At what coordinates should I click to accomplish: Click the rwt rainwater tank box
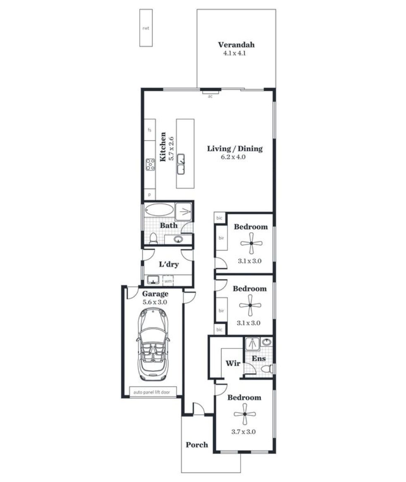coord(146,28)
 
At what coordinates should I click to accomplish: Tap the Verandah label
coord(236,45)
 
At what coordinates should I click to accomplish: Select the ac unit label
coord(210,96)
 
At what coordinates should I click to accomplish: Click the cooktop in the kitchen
coord(150,165)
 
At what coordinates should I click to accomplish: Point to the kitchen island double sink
coord(181,164)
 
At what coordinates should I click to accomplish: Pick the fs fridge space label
coord(149,130)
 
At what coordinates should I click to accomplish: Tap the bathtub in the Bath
coord(159,210)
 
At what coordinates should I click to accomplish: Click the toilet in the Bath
coord(153,239)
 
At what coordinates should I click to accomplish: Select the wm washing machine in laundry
coord(168,281)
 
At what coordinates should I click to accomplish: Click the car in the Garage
coord(153,344)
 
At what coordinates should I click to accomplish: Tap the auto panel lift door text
coord(151,392)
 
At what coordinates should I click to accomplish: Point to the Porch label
coord(197,445)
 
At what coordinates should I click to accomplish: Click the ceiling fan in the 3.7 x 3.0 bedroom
coord(245,414)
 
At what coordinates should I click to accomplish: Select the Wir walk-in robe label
coord(233,363)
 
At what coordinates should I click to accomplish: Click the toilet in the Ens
coord(267,369)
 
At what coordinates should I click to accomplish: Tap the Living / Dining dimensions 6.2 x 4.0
coord(233,157)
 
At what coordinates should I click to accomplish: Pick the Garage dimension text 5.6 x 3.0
coord(155,302)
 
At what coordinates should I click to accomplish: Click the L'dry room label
coord(169,265)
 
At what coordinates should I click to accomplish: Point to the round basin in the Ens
coord(267,342)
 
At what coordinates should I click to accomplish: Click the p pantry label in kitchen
coord(150,195)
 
